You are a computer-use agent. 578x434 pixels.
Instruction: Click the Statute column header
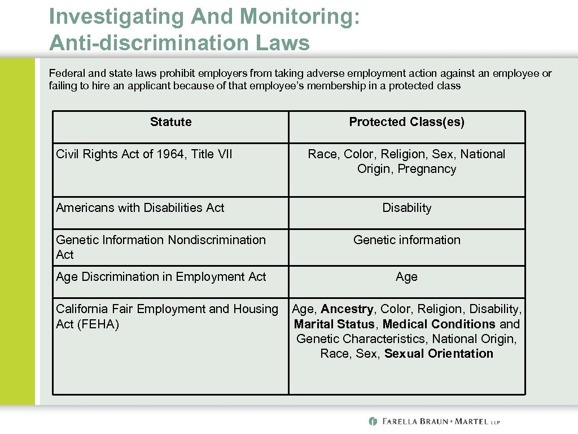click(170, 122)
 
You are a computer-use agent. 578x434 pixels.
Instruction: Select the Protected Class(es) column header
click(406, 122)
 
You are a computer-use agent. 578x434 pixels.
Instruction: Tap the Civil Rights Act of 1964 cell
click(144, 154)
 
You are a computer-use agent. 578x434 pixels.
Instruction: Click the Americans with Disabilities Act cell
click(140, 208)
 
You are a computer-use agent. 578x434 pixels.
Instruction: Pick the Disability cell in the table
click(406, 208)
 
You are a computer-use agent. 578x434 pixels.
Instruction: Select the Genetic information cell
click(406, 240)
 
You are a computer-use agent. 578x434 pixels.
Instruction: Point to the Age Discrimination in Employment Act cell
click(161, 277)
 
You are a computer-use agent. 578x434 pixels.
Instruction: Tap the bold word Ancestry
click(347, 309)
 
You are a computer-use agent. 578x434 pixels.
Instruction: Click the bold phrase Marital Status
click(334, 324)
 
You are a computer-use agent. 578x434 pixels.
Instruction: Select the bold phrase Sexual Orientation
click(439, 354)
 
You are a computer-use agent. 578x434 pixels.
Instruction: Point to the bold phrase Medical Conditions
click(439, 324)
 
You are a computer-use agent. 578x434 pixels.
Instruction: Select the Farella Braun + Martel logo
click(434, 422)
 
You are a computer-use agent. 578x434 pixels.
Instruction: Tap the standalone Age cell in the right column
click(406, 277)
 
